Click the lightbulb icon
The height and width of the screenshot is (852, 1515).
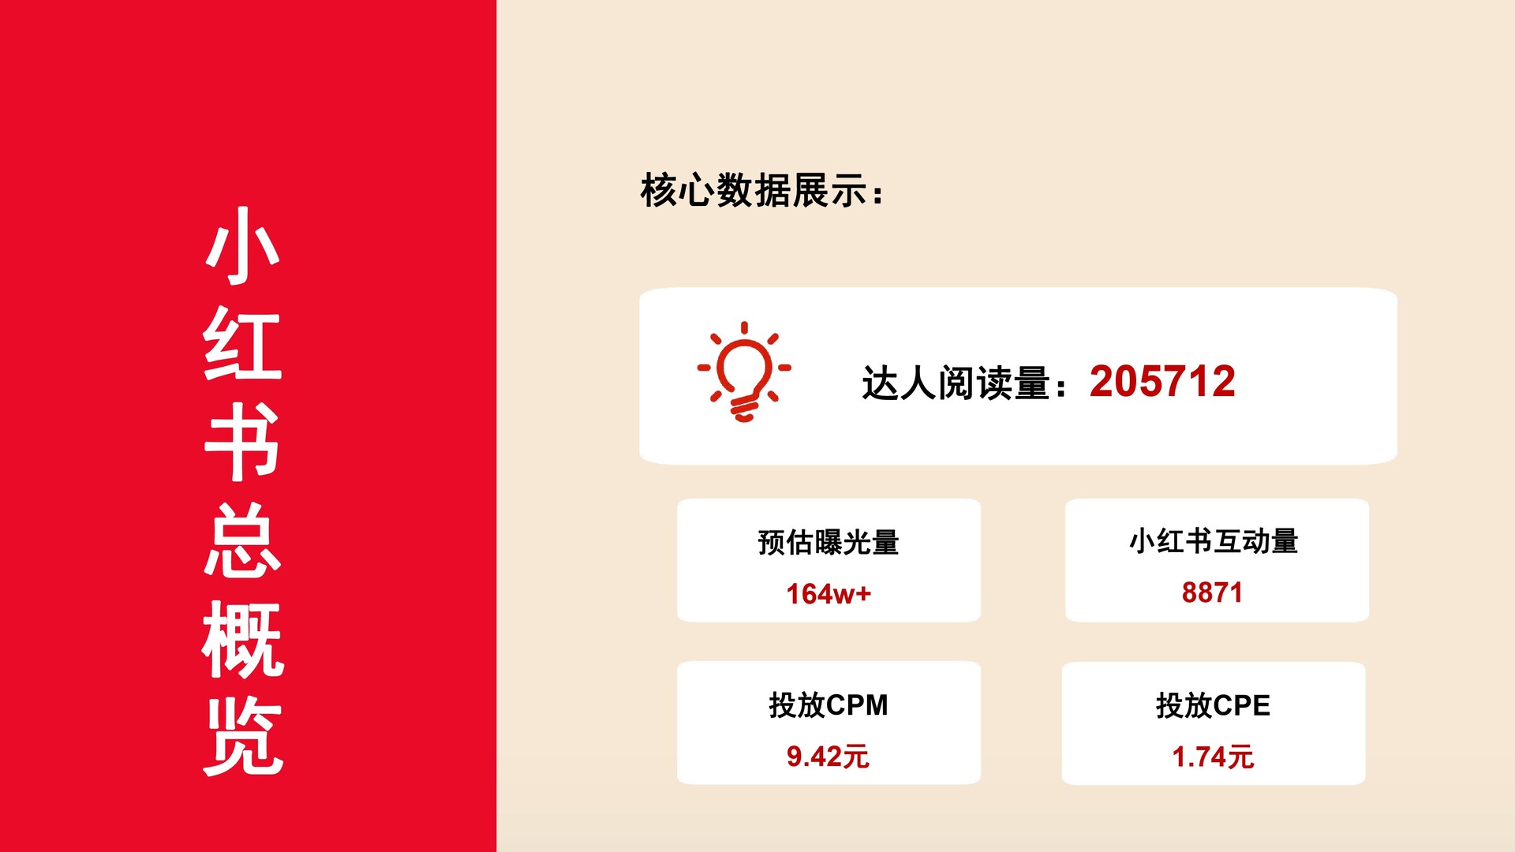[x=744, y=371]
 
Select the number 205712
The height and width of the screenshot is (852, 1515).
[x=1162, y=382]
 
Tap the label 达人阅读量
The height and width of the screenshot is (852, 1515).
[x=956, y=383]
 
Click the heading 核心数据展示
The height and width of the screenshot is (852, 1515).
[x=754, y=190]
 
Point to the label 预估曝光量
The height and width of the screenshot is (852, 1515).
[x=829, y=543]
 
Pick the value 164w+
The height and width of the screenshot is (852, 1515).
[x=829, y=594]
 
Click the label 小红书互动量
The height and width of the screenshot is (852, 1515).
[x=1214, y=541]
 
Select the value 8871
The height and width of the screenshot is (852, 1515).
[x=1212, y=592]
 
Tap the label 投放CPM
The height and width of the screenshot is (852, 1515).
[x=829, y=704]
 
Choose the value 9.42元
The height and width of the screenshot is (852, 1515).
[x=828, y=757]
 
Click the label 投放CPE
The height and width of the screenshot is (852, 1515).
[x=1213, y=705]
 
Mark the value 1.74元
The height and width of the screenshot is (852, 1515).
[x=1213, y=757]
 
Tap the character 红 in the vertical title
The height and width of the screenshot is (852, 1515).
[x=242, y=343]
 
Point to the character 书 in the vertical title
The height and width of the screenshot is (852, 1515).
[x=242, y=442]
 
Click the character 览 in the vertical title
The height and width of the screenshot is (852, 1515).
[x=242, y=737]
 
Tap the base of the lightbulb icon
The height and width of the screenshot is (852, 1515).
[x=744, y=409]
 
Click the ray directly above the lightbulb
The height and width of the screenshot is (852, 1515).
[x=744, y=327]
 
